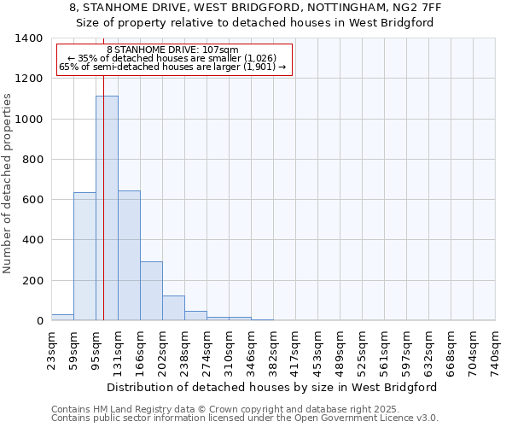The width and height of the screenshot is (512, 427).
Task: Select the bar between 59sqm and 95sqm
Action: tap(84, 256)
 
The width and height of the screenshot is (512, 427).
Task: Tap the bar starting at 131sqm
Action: tap(129, 255)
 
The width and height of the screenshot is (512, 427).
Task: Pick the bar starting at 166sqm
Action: tap(151, 290)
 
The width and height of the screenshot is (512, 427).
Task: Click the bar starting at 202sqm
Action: tap(173, 307)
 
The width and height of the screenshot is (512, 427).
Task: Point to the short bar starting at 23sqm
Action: tap(62, 317)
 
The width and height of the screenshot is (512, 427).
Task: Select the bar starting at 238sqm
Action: tap(195, 315)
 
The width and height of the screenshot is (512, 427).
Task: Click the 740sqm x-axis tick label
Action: tap(496, 351)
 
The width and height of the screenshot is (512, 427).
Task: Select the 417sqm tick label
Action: tap(296, 351)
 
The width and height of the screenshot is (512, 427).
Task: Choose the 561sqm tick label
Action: tap(385, 351)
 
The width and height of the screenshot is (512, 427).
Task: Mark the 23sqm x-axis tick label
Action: tap(52, 349)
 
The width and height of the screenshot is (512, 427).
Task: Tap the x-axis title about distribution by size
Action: tap(273, 387)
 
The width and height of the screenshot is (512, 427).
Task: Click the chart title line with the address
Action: tap(255, 8)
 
